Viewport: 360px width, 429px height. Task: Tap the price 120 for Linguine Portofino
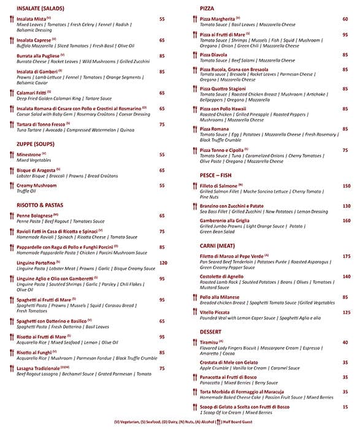point(163,263)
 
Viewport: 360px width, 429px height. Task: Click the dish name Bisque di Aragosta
point(36,170)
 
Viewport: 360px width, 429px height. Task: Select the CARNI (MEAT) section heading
point(219,245)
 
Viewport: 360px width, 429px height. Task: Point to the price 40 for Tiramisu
point(345,343)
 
